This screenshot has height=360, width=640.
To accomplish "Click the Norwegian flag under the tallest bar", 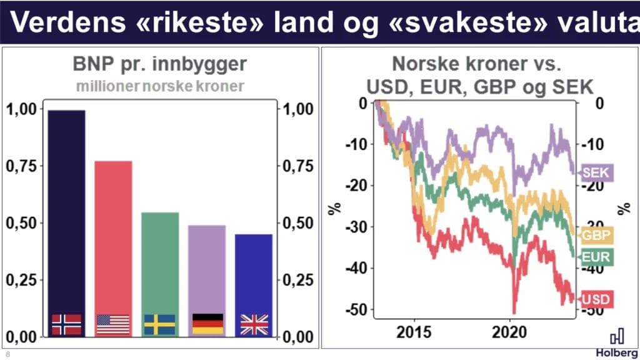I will pyautogui.click(x=66, y=324).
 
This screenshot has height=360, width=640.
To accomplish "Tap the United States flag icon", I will pyautogui.click(x=113, y=324).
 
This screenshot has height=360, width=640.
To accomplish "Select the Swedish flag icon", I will pyautogui.click(x=160, y=324).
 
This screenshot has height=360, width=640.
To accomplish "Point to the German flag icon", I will pyautogui.click(x=207, y=324).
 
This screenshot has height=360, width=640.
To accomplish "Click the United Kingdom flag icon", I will pyautogui.click(x=254, y=324).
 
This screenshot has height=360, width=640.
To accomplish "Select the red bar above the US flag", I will pyautogui.click(x=113, y=237).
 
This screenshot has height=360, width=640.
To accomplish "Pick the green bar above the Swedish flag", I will pyautogui.click(x=160, y=262).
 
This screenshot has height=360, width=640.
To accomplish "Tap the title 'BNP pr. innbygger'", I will pyautogui.click(x=160, y=65).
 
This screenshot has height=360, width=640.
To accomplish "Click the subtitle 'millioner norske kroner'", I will pyautogui.click(x=160, y=86).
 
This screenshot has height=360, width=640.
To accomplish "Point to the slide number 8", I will pyautogui.click(x=7, y=354).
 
